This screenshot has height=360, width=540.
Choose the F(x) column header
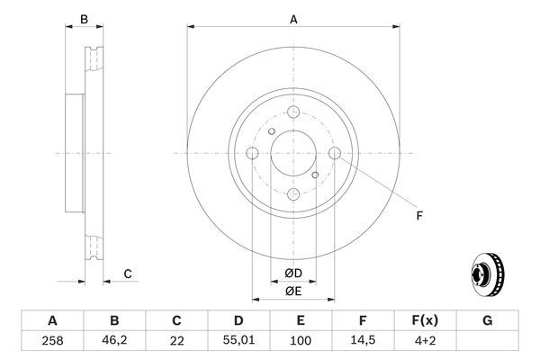pyautogui.click(x=425, y=320)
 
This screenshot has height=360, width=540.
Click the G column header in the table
pyautogui.click(x=487, y=320)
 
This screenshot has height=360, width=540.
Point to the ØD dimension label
pyautogui.click(x=293, y=273)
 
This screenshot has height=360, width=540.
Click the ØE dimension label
pyautogui.click(x=293, y=291)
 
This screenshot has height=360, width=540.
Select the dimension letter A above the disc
pyautogui.click(x=293, y=19)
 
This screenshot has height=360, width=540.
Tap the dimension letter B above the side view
pyautogui.click(x=84, y=19)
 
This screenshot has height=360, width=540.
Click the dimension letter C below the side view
pyautogui.click(x=128, y=274)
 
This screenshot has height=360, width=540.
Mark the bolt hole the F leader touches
pyautogui.click(x=335, y=154)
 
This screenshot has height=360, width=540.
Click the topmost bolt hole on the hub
pyautogui.click(x=293, y=112)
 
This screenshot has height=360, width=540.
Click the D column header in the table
pyautogui.click(x=238, y=320)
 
